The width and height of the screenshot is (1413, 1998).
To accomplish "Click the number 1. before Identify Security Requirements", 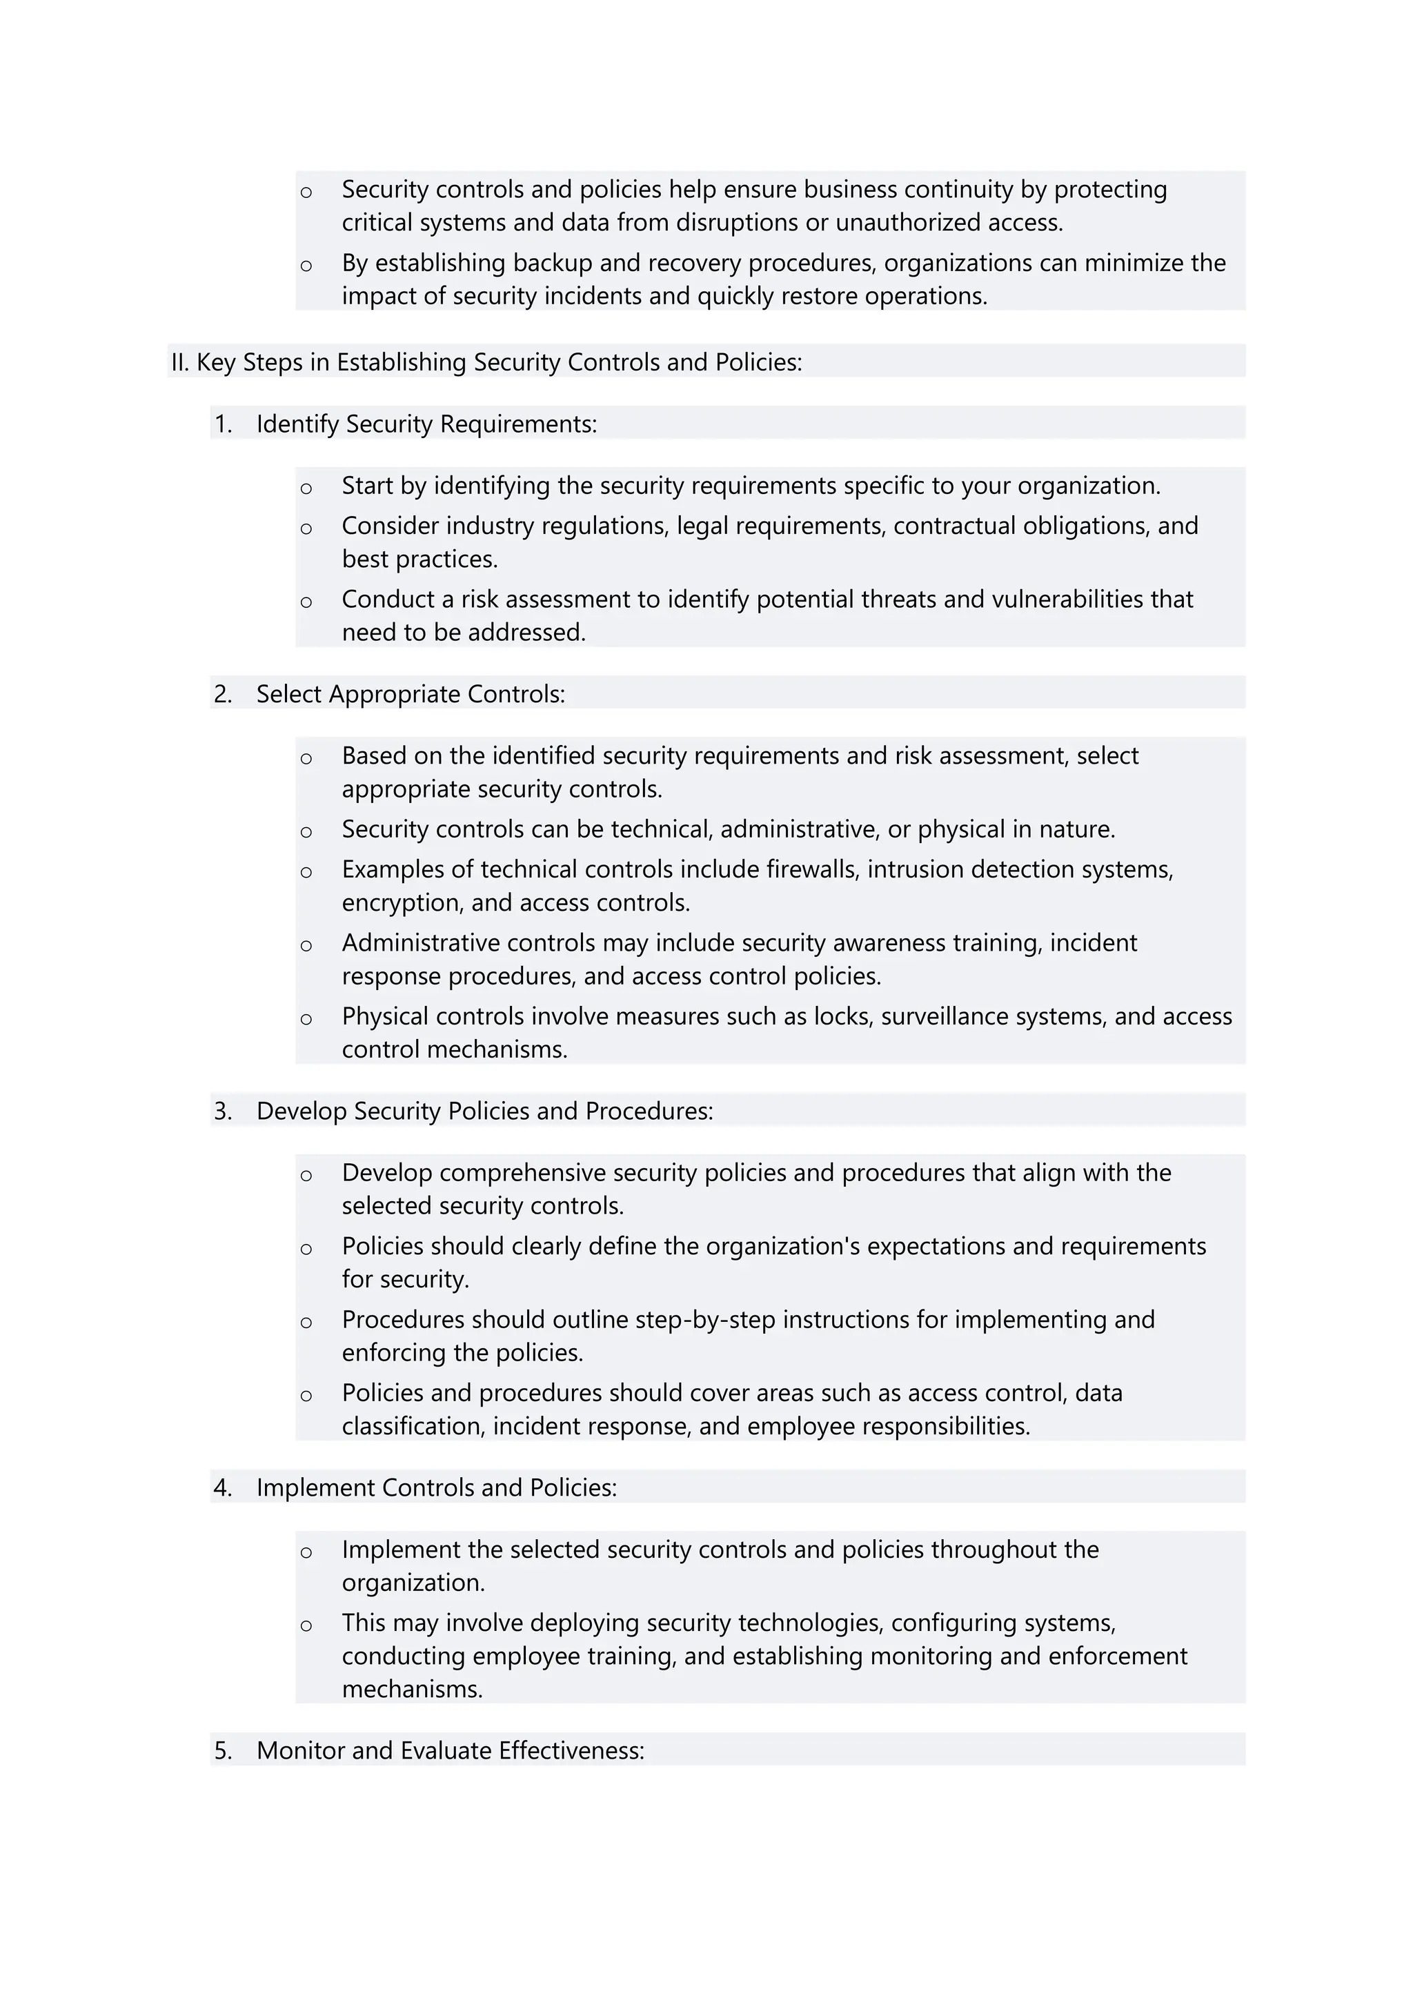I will coord(224,424).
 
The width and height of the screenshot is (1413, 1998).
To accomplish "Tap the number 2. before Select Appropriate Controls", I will coord(224,693).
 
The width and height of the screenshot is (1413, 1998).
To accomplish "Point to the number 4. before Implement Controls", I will coord(224,1487).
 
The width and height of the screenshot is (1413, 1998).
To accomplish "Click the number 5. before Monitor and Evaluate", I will coord(224,1750).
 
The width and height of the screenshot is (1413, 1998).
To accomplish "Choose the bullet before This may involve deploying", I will coord(306,1625).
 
